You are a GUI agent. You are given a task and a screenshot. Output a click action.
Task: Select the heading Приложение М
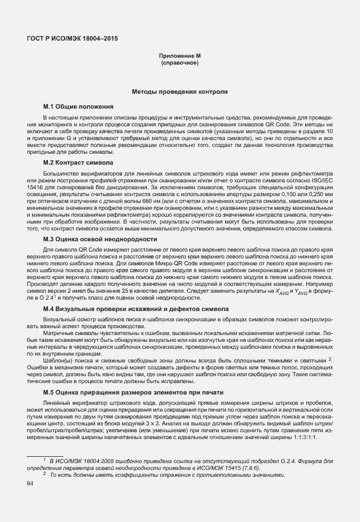coord(180,55)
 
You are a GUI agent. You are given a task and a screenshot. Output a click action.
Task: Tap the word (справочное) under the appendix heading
coord(180,62)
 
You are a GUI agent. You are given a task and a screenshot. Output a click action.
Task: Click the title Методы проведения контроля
coord(180,91)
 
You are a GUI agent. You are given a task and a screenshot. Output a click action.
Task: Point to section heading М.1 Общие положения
coord(79,106)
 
